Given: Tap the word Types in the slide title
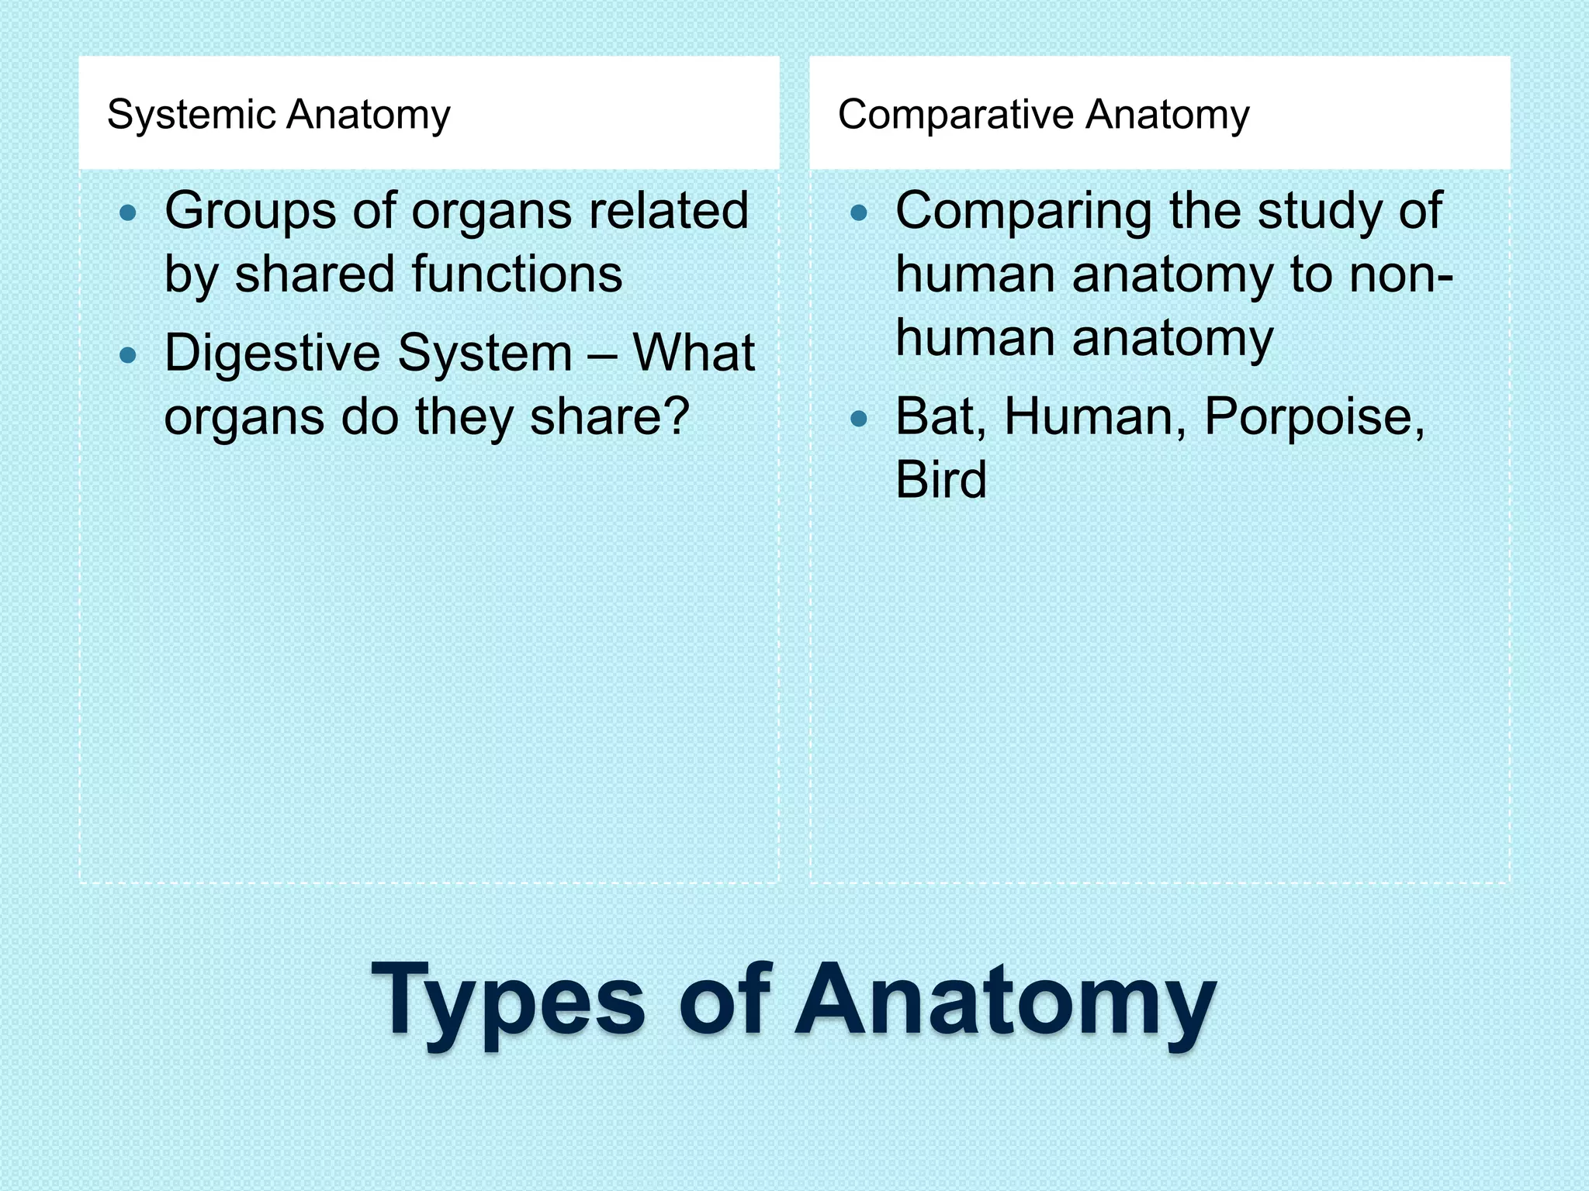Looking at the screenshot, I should [507, 1000].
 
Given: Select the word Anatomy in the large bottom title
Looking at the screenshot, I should [1005, 1000].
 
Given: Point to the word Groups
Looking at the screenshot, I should [250, 211].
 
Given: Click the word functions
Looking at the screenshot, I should [517, 274].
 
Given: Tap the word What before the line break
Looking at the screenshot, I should [693, 354].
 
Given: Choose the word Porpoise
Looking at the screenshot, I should [1314, 417].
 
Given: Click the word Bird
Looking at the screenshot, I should [941, 480].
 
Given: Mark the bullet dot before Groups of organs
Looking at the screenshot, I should [129, 213].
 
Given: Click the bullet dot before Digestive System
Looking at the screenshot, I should [129, 356].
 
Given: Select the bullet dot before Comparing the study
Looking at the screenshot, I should [859, 213].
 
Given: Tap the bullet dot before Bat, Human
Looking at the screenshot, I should [859, 419].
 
